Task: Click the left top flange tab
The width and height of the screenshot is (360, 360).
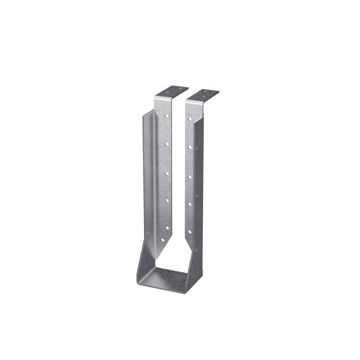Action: click(x=170, y=93)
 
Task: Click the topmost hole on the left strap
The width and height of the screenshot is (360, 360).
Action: click(x=165, y=115)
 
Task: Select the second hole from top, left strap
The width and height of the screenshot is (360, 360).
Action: click(x=165, y=143)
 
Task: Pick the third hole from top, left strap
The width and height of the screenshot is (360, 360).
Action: click(x=166, y=172)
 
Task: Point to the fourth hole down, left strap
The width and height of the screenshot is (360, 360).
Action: click(x=166, y=200)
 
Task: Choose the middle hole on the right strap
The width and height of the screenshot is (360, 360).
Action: click(x=189, y=177)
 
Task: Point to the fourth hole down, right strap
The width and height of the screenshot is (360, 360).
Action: click(x=190, y=205)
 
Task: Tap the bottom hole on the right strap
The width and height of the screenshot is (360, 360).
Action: click(x=190, y=232)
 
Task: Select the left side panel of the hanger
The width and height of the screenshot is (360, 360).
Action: click(x=148, y=187)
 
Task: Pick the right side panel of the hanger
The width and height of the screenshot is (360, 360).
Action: click(x=205, y=187)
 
